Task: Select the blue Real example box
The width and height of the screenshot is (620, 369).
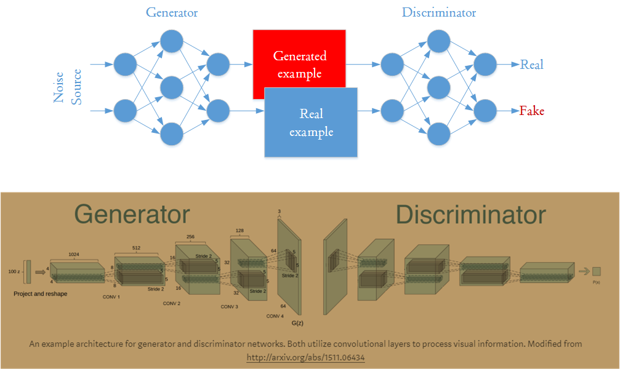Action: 311,122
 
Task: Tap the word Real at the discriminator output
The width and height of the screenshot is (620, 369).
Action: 531,65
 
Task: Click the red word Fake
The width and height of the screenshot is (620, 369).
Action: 531,111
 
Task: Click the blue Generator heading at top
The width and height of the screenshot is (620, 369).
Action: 172,12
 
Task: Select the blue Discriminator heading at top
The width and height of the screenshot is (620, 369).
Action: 438,12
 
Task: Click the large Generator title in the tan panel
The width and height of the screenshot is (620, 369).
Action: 132,215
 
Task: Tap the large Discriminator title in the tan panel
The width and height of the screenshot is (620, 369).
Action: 470,215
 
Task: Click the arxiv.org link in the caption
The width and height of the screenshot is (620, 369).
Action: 306,357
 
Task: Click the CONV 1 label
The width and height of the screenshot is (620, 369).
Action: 111,296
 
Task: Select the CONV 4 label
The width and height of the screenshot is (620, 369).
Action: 275,316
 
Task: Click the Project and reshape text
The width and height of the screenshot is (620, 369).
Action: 41,294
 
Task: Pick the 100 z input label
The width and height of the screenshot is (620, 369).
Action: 14,271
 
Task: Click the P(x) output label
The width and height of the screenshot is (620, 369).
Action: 596,282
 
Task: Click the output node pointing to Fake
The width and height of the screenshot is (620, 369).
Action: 485,111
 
